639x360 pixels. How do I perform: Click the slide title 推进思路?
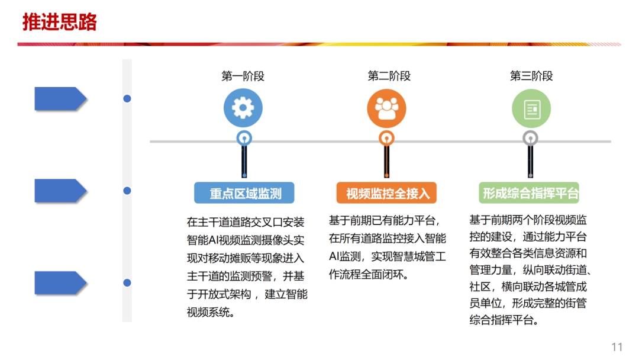pyautogui.click(x=59, y=22)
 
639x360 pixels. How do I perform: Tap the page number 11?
pyautogui.click(x=617, y=347)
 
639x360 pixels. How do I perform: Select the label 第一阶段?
pyautogui.click(x=243, y=76)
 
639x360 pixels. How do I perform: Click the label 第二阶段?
pyautogui.click(x=389, y=76)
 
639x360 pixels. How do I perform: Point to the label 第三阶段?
pyautogui.click(x=531, y=76)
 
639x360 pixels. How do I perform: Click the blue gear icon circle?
pyautogui.click(x=243, y=108)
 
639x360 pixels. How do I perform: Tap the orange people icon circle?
pyautogui.click(x=387, y=108)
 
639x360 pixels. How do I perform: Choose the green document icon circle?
pyautogui.click(x=531, y=108)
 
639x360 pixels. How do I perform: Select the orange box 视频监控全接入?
pyautogui.click(x=387, y=193)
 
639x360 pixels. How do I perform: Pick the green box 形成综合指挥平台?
pyautogui.click(x=530, y=193)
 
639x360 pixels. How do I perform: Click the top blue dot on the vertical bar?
pyautogui.click(x=127, y=99)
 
